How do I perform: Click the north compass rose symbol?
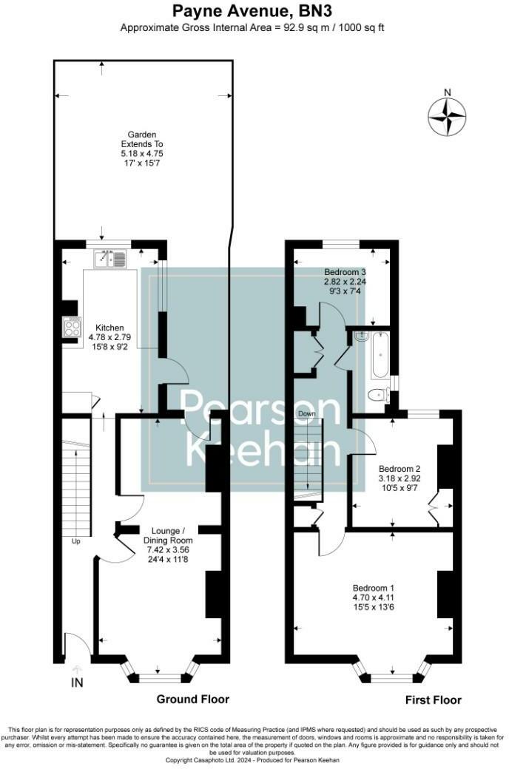pyautogui.click(x=448, y=117)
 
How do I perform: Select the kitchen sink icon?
pyautogui.click(x=109, y=259)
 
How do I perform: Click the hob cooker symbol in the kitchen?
pyautogui.click(x=72, y=326)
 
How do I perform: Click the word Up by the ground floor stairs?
pyautogui.click(x=75, y=541)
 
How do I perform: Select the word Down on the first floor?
pyautogui.click(x=308, y=413)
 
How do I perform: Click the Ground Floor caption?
pyautogui.click(x=192, y=699)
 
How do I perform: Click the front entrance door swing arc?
pyautogui.click(x=79, y=645)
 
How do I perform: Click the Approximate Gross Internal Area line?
pyautogui.click(x=252, y=27)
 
